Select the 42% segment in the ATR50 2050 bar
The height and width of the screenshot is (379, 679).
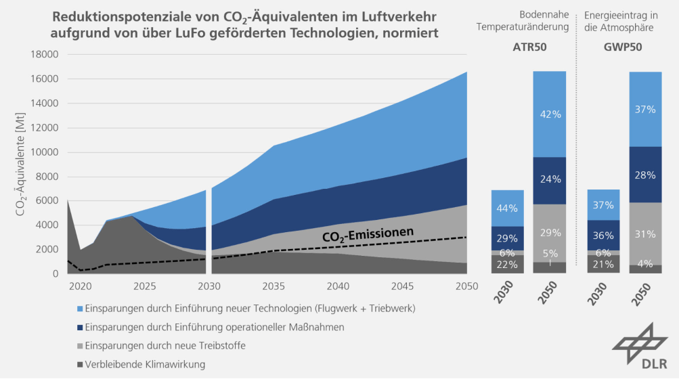tap(550, 114)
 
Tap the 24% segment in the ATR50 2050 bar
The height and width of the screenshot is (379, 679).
tap(550, 181)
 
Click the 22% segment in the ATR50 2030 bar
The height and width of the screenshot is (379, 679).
tap(507, 264)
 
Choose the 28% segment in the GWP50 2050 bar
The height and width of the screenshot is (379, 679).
tap(646, 175)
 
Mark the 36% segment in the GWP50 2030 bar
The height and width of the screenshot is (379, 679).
tap(603, 236)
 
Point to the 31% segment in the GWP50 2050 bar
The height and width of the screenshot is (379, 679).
tap(646, 234)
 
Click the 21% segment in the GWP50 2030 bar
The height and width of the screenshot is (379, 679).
tap(603, 264)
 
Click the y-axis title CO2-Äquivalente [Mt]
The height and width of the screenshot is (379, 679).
tap(22, 165)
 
